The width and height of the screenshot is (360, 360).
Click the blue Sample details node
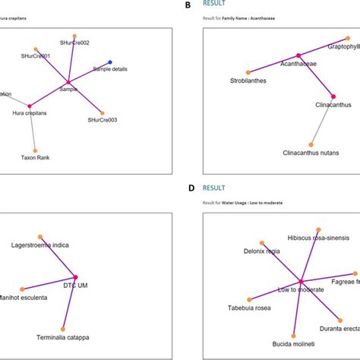click(x=110, y=62)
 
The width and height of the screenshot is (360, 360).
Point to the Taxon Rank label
click(x=35, y=158)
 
